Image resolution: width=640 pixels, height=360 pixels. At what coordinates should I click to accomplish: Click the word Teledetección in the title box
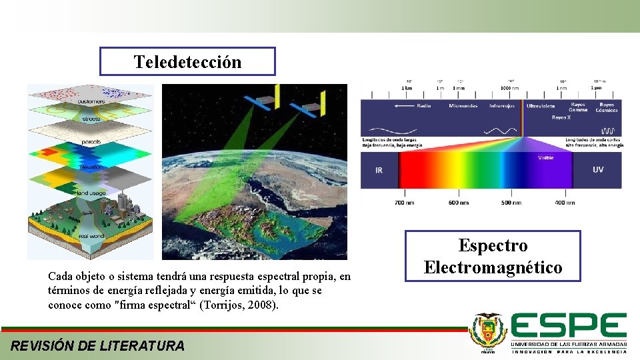pyautogui.click(x=187, y=62)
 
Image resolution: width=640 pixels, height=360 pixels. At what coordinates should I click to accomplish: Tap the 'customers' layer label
pyautogui.click(x=91, y=101)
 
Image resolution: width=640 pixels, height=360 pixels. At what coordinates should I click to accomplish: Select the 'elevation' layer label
pyautogui.click(x=91, y=167)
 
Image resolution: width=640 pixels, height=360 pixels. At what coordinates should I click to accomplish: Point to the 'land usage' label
pyautogui.click(x=91, y=193)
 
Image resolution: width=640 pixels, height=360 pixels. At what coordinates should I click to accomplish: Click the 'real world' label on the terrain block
pyautogui.click(x=91, y=235)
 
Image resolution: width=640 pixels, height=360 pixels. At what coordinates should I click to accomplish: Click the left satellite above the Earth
pyautogui.click(x=263, y=102)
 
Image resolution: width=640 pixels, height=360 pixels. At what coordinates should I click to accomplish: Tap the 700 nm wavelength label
pyautogui.click(x=405, y=202)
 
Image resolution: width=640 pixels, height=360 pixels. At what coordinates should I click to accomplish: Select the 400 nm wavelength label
pyautogui.click(x=565, y=202)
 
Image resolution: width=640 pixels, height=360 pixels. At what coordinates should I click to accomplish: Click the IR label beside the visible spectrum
pyautogui.click(x=379, y=170)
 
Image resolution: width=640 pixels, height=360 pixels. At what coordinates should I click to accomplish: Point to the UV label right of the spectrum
pyautogui.click(x=598, y=169)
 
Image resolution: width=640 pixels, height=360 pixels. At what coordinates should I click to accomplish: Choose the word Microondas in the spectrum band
pyautogui.click(x=463, y=105)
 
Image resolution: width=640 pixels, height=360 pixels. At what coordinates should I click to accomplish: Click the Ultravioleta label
pyautogui.click(x=540, y=106)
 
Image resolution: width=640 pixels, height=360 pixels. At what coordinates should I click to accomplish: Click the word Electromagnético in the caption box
pyautogui.click(x=493, y=268)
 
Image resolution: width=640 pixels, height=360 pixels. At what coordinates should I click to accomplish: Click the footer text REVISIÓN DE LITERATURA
pyautogui.click(x=98, y=345)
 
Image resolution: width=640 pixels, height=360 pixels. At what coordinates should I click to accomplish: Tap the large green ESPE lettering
pyautogui.click(x=569, y=326)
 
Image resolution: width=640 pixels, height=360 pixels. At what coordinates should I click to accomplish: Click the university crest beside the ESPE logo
pyautogui.click(x=487, y=331)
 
